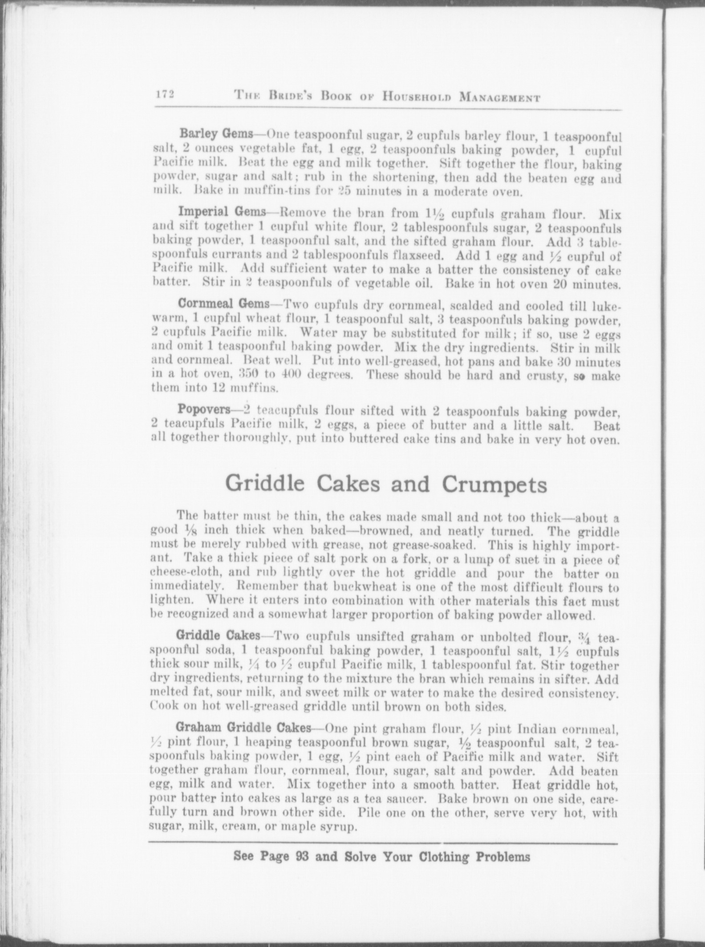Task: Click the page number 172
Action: (164, 95)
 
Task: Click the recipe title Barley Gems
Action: (216, 133)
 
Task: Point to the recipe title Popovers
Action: (204, 408)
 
